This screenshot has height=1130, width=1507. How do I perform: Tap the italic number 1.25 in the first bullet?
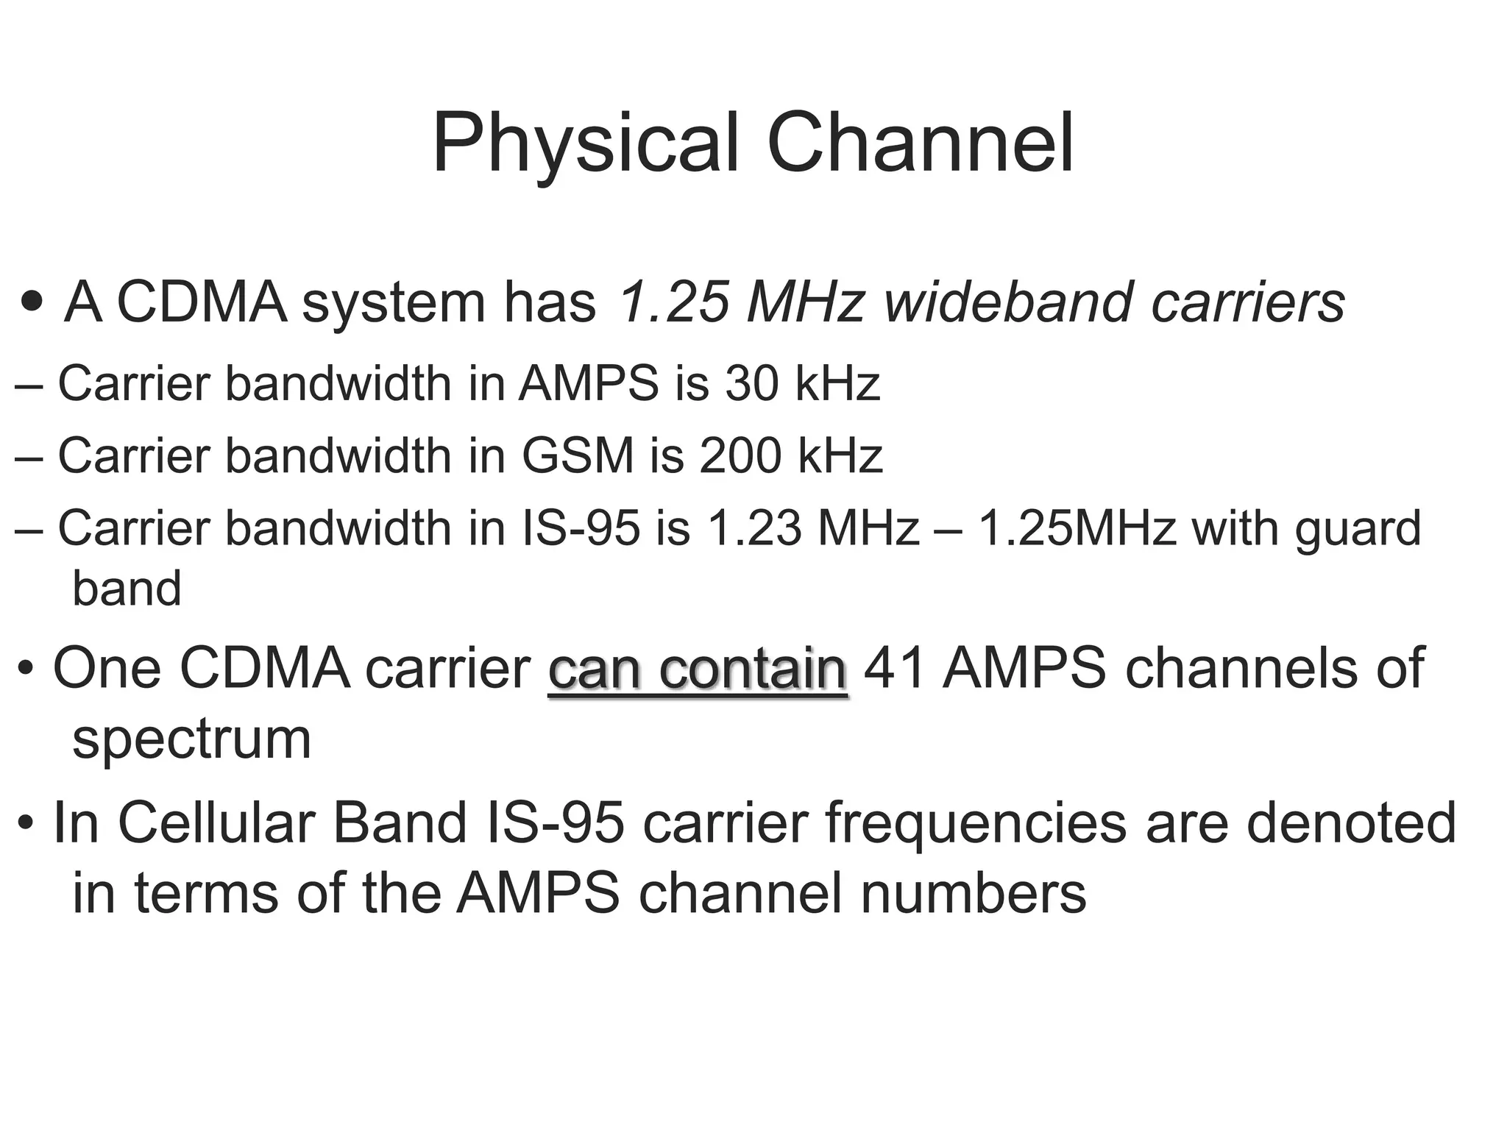(673, 302)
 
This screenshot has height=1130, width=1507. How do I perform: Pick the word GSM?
(578, 455)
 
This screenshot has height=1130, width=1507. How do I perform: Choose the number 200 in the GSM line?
(740, 455)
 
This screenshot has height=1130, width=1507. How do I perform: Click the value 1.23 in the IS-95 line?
(753, 528)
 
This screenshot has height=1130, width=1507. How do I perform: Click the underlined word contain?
(753, 669)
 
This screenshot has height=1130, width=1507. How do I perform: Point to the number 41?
(893, 669)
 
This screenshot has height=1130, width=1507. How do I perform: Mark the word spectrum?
(192, 740)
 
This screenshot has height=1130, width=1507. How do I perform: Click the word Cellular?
(219, 822)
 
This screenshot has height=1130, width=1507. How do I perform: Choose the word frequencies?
(975, 822)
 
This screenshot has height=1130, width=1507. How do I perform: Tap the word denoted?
(1351, 822)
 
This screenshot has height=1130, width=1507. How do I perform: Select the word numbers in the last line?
(973, 893)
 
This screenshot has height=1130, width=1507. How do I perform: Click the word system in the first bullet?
(394, 303)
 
